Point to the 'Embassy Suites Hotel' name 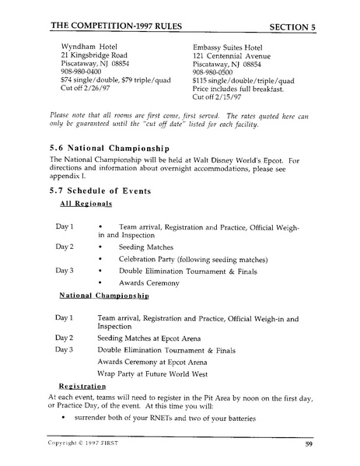(231, 45)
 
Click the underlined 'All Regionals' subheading (86, 204)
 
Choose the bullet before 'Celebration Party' (101, 259)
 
